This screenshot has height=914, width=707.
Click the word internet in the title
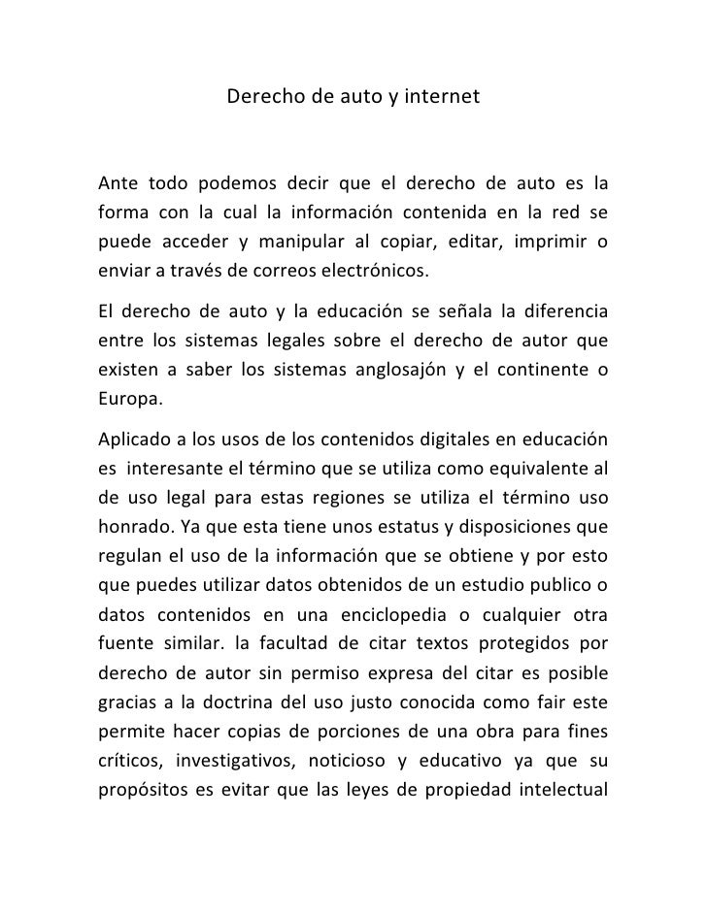point(443,97)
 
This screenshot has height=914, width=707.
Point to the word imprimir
point(558,240)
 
